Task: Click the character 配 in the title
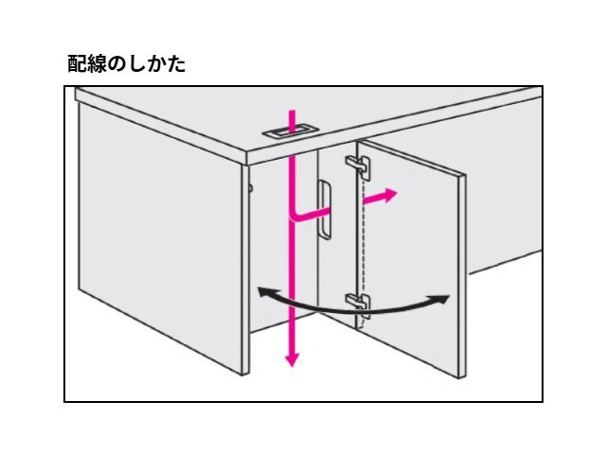(x=78, y=63)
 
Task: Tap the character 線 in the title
(x=97, y=63)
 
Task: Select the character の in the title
(x=116, y=64)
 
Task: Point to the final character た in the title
(x=176, y=64)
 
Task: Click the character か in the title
(x=156, y=64)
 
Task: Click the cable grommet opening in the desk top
(x=291, y=131)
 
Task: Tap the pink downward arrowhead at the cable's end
(x=293, y=359)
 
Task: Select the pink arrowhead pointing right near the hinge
(x=390, y=195)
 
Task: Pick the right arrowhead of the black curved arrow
(x=442, y=300)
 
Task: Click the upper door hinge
(x=358, y=166)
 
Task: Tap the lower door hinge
(x=358, y=305)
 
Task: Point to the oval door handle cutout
(x=325, y=209)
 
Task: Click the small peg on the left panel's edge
(x=251, y=188)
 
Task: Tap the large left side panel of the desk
(x=160, y=236)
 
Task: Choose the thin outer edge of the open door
(x=463, y=276)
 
